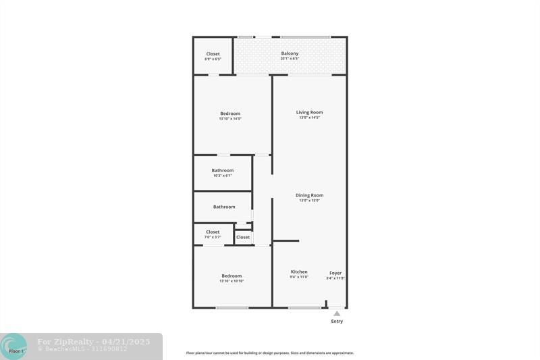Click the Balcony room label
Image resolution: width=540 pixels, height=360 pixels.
(x=290, y=53)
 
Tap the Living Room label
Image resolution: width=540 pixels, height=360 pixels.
(x=309, y=112)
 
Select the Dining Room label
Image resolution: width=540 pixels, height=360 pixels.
(x=309, y=195)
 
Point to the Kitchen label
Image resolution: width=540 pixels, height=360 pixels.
(x=299, y=272)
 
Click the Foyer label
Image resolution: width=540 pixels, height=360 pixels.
(x=335, y=273)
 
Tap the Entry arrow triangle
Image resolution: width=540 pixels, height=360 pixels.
(x=337, y=313)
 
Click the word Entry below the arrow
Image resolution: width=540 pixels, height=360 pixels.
(x=337, y=322)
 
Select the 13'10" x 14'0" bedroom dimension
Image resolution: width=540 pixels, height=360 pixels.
(x=230, y=119)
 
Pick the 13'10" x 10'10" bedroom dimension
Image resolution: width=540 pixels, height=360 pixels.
(x=232, y=281)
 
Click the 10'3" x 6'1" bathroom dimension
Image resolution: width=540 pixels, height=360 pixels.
(x=223, y=176)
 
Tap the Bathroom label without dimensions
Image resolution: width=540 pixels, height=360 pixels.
(x=224, y=207)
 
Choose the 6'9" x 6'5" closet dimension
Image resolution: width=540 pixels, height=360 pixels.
(x=213, y=59)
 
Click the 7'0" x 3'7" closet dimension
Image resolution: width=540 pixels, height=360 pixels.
(x=213, y=237)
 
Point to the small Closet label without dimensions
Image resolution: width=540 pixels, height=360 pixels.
(x=243, y=237)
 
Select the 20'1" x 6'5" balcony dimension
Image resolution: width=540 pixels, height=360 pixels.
(x=290, y=59)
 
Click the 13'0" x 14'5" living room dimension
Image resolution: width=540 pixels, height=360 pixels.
(x=309, y=118)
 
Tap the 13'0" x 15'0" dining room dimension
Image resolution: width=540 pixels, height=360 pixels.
(x=309, y=201)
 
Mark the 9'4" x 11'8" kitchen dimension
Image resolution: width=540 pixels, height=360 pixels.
(x=299, y=277)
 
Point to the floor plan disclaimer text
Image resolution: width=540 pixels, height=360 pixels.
(x=270, y=353)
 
